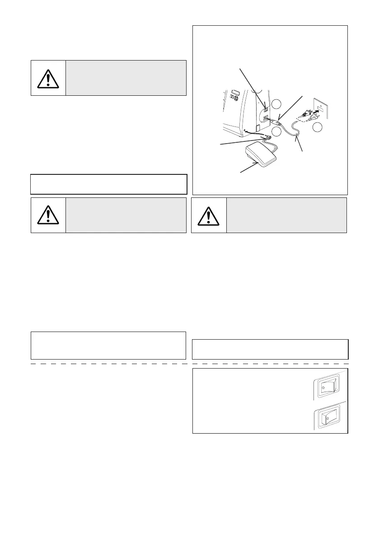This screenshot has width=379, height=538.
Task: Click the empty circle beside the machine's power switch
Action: click(278, 104)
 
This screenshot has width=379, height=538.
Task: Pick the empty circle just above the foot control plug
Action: click(277, 131)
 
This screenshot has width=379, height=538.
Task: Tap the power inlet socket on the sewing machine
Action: click(266, 120)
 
